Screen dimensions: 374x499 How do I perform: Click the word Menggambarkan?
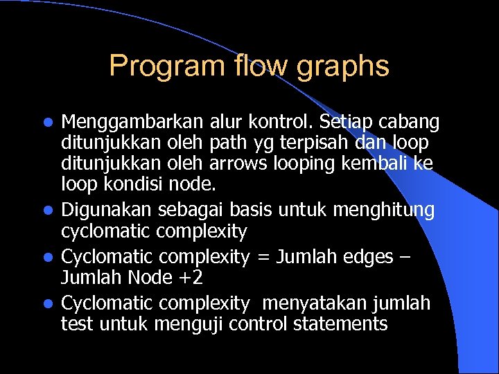[x=132, y=123]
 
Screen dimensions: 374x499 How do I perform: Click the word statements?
[x=343, y=324]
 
